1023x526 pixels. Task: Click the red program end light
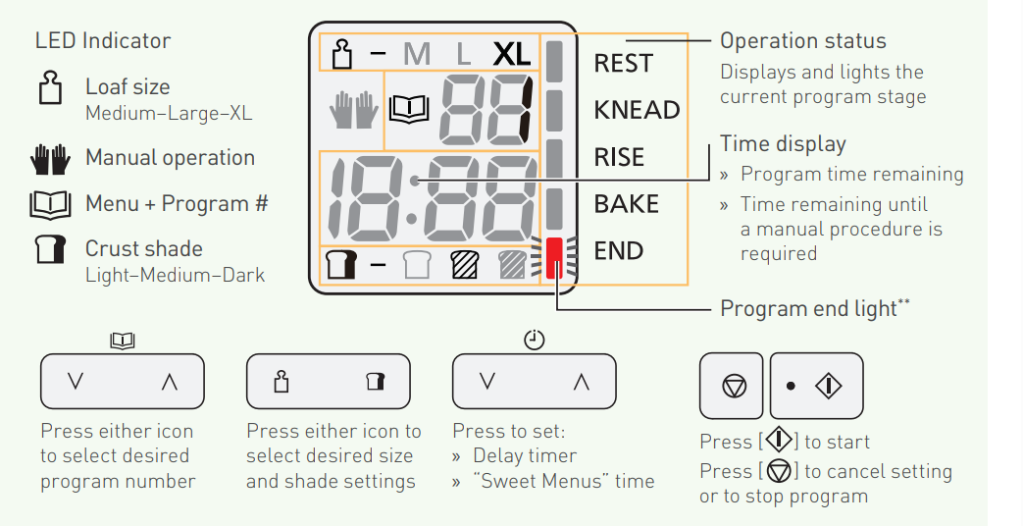556,257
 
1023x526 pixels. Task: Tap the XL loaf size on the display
511,54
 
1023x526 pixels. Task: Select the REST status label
623,64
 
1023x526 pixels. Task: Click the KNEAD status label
637,110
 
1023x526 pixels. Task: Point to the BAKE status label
626,204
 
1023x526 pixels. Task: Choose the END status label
618,251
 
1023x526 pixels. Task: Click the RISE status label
619,157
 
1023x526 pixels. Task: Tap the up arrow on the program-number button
169,382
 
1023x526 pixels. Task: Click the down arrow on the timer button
487,382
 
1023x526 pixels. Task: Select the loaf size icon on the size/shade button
282,382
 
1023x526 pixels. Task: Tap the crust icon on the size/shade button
374,382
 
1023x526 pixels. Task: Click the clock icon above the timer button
534,340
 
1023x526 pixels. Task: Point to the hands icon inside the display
353,110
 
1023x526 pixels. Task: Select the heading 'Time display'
782,144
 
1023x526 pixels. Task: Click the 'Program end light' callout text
814,309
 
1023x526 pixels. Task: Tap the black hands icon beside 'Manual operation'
51,159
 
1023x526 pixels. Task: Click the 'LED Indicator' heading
102,41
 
